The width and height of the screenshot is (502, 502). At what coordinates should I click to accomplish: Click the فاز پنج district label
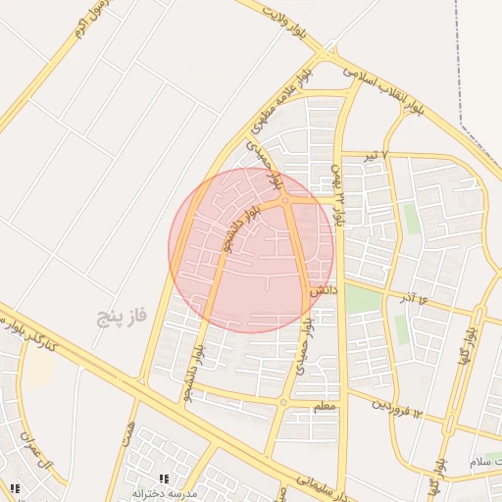pos(122,316)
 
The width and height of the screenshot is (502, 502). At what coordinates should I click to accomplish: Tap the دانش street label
pos(325,291)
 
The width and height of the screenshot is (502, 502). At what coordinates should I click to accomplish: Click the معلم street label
pos(325,405)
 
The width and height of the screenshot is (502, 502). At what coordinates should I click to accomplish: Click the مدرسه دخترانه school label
pos(165,493)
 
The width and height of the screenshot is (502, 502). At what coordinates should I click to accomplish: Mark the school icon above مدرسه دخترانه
pos(164,478)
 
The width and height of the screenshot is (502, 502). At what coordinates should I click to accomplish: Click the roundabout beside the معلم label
pos(283,402)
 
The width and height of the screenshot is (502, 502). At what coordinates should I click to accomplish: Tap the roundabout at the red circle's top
pos(284,200)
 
